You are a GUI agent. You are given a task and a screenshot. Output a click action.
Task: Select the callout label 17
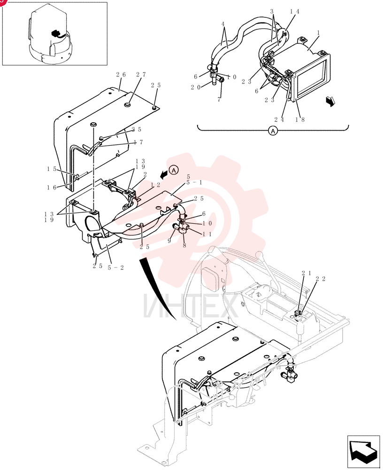coord(138,142)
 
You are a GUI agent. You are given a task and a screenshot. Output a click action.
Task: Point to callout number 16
coord(52,188)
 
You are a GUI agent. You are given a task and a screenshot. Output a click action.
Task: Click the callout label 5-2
coord(115,267)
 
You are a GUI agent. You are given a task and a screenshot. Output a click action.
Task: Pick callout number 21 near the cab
coord(306,273)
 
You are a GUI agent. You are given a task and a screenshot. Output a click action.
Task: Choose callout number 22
coord(321,279)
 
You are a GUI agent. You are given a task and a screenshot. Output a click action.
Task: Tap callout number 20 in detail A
coord(196,87)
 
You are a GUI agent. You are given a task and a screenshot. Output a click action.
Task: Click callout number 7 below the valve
coord(219,99)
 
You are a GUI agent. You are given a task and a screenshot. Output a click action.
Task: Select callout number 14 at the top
coord(294,12)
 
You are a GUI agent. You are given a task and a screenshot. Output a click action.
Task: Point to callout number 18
coord(300,119)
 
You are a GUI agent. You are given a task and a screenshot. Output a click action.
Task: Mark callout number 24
coord(279,119)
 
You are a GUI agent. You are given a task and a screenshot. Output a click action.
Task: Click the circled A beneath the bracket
coord(273,131)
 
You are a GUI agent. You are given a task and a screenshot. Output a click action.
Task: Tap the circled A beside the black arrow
coord(174,170)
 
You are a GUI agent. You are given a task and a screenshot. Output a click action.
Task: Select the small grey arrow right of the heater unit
coord(330,102)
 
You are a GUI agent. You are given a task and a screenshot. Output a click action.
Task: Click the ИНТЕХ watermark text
coord(191,306)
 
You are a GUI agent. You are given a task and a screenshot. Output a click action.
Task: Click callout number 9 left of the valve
coord(169,240)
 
